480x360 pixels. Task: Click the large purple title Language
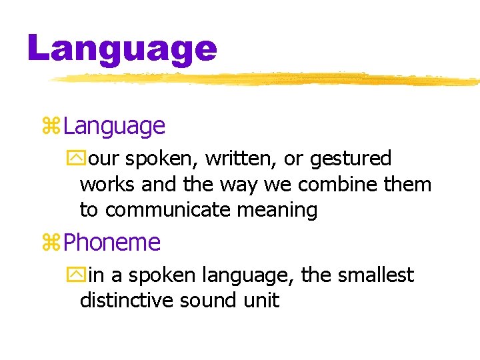[123, 49]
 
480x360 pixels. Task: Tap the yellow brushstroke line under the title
[267, 79]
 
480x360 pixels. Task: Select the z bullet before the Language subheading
[51, 126]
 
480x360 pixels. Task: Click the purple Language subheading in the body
[114, 126]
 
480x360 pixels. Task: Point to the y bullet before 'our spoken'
[72, 159]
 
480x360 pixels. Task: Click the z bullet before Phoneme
[51, 243]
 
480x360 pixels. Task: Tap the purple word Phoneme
[112, 243]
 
